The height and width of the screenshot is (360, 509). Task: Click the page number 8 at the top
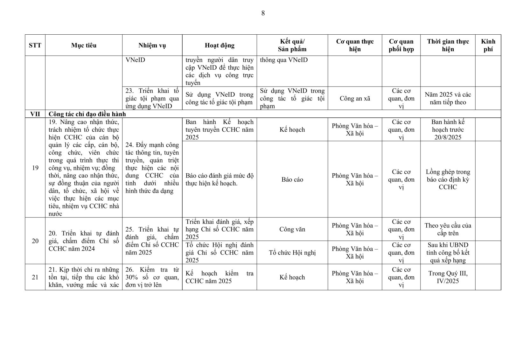click(263, 13)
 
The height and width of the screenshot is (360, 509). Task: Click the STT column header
click(35, 45)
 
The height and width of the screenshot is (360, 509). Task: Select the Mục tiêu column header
click(84, 45)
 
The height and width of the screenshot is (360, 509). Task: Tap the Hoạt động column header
click(220, 45)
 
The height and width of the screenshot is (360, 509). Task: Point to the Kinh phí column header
click(488, 45)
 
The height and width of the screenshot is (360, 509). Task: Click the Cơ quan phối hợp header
click(401, 45)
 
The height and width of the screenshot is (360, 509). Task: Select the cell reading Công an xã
click(355, 98)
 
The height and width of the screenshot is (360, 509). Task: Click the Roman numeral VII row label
click(35, 114)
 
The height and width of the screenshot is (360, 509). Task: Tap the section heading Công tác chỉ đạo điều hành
click(87, 114)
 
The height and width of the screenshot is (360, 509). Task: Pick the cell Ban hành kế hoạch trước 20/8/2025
click(448, 129)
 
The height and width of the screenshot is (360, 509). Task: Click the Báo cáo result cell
click(292, 179)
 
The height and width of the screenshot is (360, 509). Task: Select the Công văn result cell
click(292, 229)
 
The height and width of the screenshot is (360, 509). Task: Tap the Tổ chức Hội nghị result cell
click(292, 253)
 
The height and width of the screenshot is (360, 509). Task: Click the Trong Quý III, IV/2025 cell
click(448, 277)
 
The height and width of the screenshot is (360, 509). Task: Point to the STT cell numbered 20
click(35, 241)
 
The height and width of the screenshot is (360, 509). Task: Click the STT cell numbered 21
click(35, 277)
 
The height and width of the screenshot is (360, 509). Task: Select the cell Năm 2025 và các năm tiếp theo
click(448, 98)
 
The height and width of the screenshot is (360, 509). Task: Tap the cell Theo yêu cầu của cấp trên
click(448, 229)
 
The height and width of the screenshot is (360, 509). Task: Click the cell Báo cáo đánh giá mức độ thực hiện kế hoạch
click(220, 179)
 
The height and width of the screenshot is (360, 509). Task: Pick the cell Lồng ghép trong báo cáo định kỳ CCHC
click(448, 179)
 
